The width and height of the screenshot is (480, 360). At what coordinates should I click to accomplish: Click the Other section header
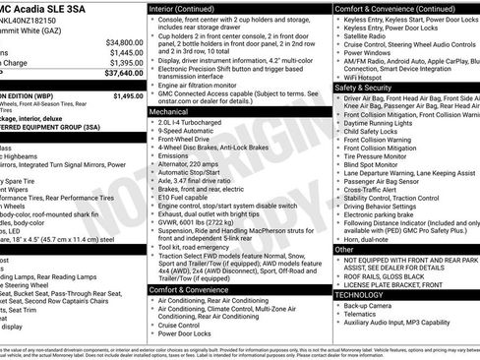tap(344, 250)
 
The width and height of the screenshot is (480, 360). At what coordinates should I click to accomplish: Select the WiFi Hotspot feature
tap(368, 75)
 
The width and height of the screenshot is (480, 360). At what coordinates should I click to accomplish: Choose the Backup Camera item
tap(369, 306)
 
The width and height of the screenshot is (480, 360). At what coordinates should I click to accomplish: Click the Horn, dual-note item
tap(366, 239)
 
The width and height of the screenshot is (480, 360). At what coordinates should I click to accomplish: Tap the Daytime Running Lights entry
tap(384, 122)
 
